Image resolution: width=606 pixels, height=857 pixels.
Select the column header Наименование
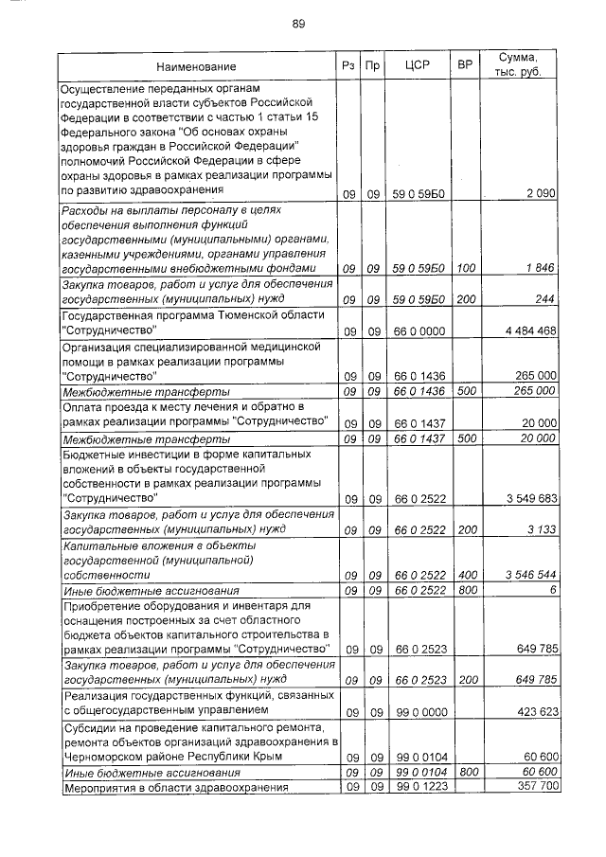coord(196,66)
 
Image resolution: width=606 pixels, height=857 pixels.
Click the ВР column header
coord(465,66)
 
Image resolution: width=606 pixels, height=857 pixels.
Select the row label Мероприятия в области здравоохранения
coord(171,787)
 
